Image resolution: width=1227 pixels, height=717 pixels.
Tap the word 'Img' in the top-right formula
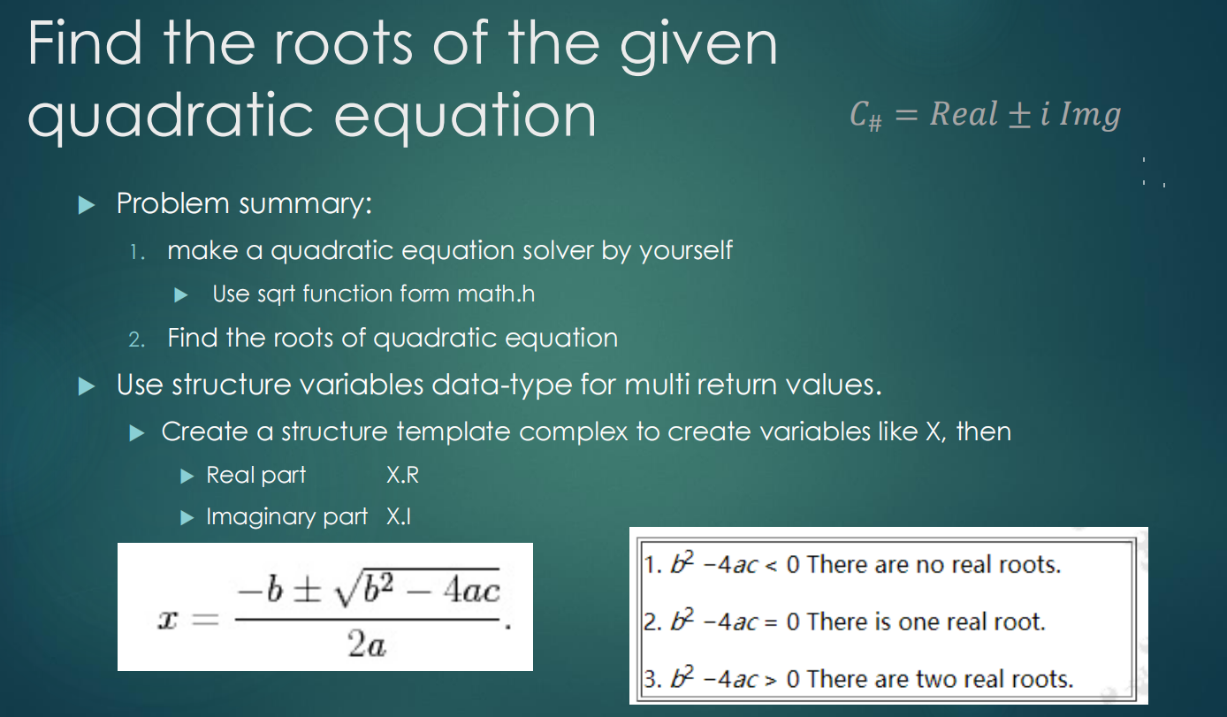(1090, 115)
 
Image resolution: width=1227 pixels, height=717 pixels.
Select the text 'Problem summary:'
(244, 204)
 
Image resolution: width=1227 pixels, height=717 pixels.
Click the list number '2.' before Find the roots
(136, 339)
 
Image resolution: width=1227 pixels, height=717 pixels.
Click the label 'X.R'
(402, 476)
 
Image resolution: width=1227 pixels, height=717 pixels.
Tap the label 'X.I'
(399, 517)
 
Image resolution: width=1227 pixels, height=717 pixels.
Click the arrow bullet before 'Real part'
(187, 476)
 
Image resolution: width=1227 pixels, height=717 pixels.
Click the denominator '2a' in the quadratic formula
(366, 647)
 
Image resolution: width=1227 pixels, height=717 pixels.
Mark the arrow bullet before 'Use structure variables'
(86, 385)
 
